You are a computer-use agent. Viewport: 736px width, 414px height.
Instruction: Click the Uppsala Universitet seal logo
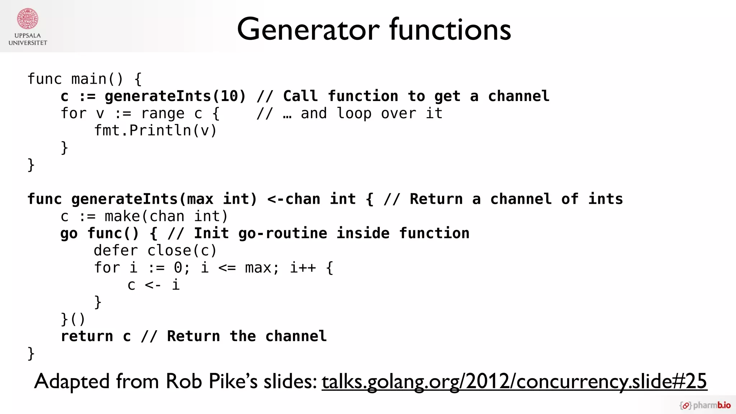pos(28,19)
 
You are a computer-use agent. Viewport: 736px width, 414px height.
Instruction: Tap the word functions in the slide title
pos(450,29)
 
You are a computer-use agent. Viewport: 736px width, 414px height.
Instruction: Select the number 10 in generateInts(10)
pos(229,96)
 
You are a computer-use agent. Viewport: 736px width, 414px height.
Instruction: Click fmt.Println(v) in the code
pos(155,130)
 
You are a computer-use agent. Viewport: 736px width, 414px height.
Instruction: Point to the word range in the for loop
pos(163,114)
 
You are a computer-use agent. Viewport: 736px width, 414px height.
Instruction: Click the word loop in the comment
pos(354,114)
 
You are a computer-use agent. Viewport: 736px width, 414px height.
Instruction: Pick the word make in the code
pos(122,216)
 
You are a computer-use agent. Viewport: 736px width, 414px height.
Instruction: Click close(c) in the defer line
pos(182,250)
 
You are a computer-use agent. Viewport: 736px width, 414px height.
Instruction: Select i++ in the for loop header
pos(303,268)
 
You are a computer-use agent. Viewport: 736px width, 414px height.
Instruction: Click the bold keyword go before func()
pos(69,234)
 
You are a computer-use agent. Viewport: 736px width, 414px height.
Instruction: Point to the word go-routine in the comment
pos(282,234)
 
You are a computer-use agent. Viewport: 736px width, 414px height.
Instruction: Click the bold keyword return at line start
pos(87,336)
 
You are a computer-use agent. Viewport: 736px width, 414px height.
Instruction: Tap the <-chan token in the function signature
pos(294,199)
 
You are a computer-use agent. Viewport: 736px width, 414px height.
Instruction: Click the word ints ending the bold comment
pos(606,199)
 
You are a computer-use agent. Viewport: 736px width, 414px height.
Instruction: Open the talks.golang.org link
pos(514,381)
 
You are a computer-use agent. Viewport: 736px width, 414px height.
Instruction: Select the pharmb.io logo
pos(705,405)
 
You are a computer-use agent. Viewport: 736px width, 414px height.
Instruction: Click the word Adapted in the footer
pos(72,381)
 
